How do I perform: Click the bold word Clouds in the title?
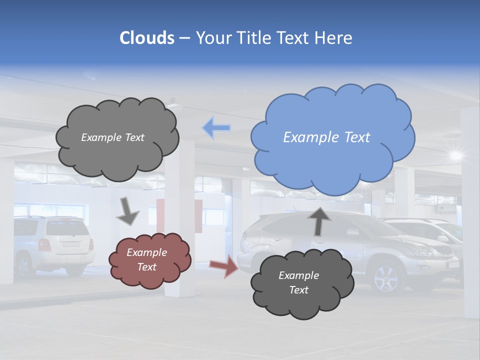[147, 38]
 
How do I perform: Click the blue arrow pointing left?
[216, 128]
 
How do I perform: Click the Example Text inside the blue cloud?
[326, 137]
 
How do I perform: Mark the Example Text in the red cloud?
[147, 260]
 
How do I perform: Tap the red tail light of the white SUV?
[44, 245]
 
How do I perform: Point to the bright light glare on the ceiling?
[455, 154]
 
